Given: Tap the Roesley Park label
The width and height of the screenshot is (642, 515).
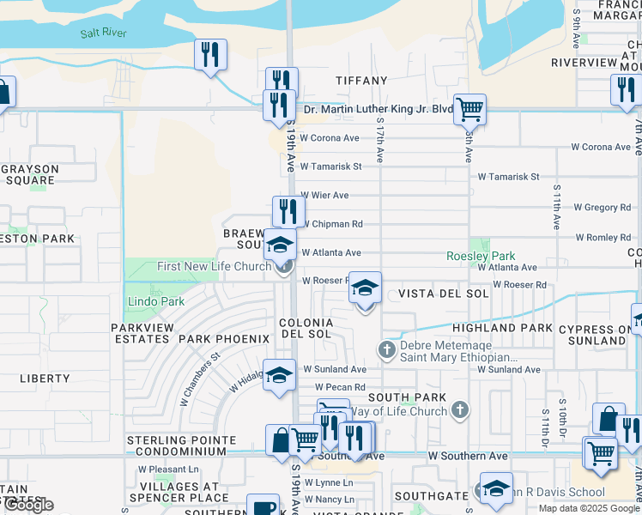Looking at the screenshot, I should click(481, 256).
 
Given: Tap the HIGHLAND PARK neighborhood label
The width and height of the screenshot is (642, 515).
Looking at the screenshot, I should click(502, 328).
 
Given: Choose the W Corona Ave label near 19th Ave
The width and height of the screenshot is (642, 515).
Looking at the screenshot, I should click(329, 138).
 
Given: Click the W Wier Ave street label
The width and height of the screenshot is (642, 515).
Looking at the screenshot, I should click(324, 196).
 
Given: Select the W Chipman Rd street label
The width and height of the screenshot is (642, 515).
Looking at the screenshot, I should click(331, 224).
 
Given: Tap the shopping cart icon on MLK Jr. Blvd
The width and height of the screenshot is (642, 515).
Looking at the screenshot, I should click(469, 109).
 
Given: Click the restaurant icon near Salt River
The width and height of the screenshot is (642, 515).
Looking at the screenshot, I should click(210, 55).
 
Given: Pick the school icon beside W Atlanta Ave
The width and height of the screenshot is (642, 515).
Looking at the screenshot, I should click(279, 246).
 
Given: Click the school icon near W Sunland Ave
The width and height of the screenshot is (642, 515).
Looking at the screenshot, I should click(279, 375).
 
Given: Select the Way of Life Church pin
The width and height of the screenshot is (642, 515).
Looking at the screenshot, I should click(461, 410).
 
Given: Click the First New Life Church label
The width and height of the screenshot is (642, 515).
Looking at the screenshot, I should click(214, 267).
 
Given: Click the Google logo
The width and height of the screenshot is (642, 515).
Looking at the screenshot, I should click(27, 505).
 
